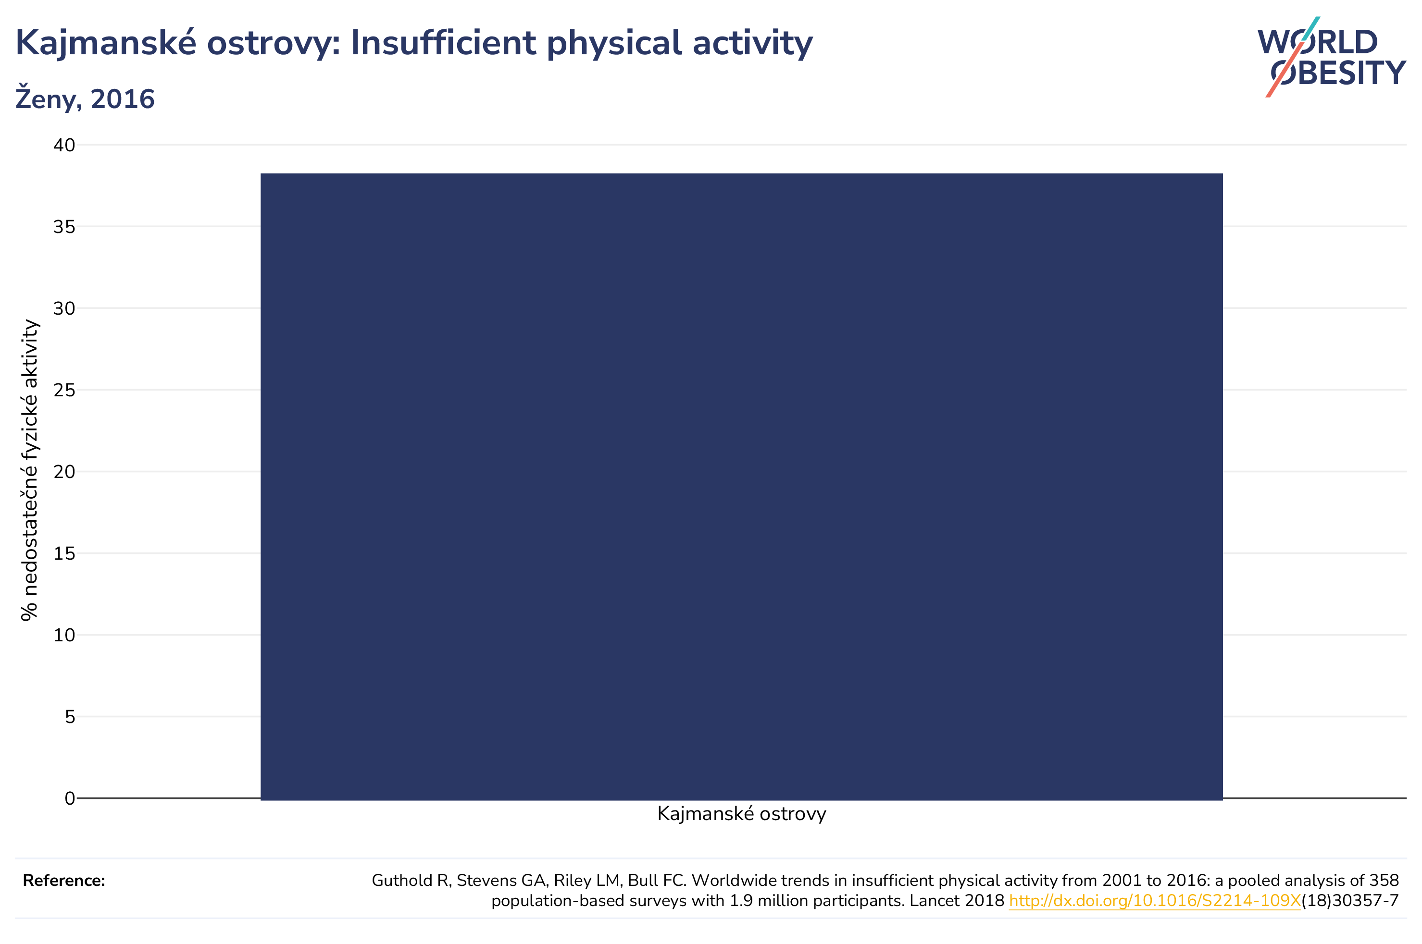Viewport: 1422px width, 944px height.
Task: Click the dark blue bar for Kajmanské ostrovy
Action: [741, 487]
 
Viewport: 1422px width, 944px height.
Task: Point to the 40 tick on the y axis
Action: [64, 145]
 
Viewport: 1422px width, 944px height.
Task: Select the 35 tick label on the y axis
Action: [64, 227]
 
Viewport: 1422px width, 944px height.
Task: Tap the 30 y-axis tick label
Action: [64, 308]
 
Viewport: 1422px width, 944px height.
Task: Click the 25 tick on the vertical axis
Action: [64, 390]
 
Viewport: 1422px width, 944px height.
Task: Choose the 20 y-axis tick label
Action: [64, 471]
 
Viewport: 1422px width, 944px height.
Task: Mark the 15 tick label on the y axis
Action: [64, 553]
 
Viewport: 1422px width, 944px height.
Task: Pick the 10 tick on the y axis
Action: [64, 635]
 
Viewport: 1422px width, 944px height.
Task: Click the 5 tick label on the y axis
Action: [70, 716]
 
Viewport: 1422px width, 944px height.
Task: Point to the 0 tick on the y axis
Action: [70, 798]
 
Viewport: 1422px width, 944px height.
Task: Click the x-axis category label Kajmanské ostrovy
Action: [741, 814]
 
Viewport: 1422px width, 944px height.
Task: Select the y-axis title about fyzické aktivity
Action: [29, 470]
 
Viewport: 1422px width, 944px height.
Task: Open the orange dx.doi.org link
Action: [1155, 901]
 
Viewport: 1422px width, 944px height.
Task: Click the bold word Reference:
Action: [64, 881]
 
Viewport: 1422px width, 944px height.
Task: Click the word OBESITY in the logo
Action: [1338, 73]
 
